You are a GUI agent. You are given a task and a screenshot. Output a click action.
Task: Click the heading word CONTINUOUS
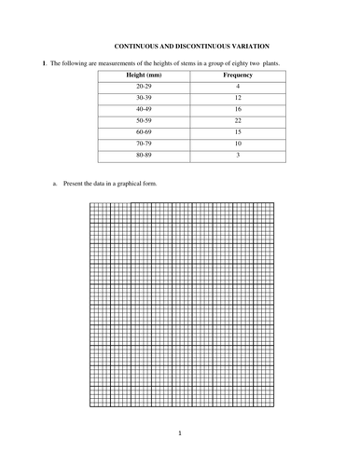click(x=137, y=44)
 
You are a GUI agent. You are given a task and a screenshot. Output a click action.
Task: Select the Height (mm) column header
click(x=143, y=74)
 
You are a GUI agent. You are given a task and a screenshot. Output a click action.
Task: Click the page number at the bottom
click(x=180, y=433)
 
